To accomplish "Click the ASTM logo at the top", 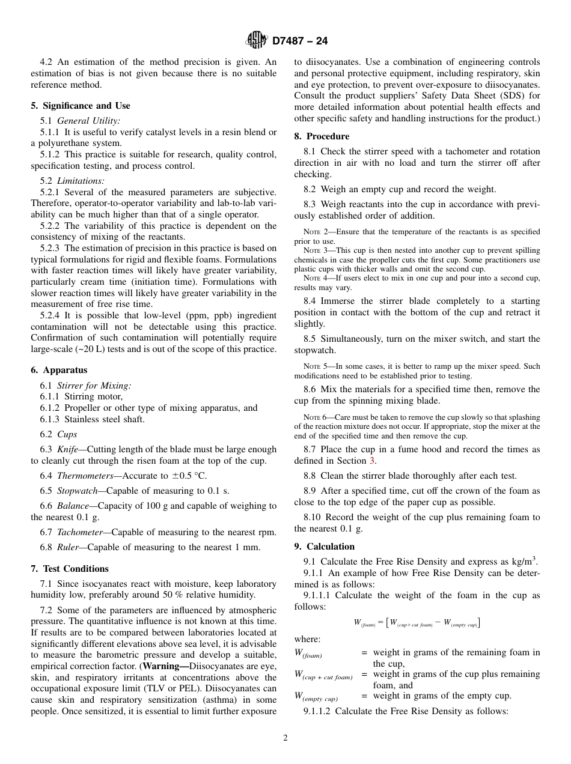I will point(257,41).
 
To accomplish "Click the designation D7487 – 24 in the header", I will point(300,41).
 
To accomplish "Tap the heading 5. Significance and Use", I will point(81,106).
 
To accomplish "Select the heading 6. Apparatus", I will point(59,371).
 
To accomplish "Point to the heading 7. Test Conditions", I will point(70,569).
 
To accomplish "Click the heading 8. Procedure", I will point(322,136).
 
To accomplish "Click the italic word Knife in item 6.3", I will point(68,449).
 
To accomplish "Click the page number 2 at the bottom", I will point(285,738).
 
